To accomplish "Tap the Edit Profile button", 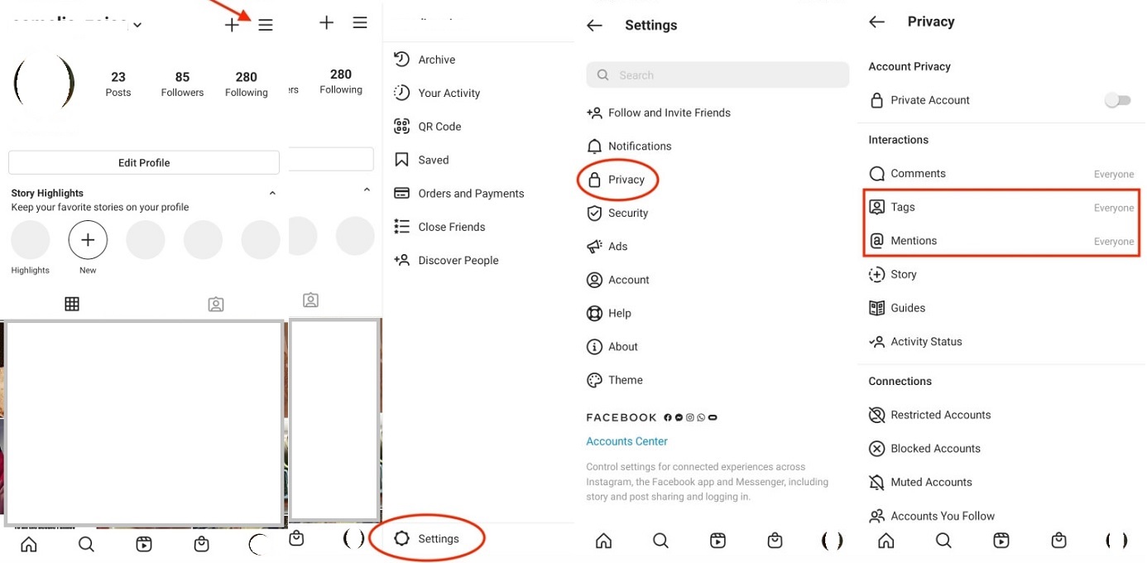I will (x=144, y=162).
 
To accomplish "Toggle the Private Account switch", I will (x=1117, y=100).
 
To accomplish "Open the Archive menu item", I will (x=436, y=60).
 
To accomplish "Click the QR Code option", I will (x=439, y=127).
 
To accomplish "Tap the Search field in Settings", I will (x=717, y=75).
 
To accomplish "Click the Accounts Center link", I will (x=626, y=441).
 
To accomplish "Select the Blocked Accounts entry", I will (x=935, y=449).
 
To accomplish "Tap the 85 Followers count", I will (x=182, y=84).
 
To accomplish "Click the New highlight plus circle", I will (x=88, y=240).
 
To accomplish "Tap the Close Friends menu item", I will (x=451, y=227).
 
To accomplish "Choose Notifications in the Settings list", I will (x=639, y=147).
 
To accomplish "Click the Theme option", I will (x=625, y=380).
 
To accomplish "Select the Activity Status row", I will (x=926, y=341).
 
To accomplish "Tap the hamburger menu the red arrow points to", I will (x=266, y=26).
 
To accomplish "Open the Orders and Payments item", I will (x=471, y=194).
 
